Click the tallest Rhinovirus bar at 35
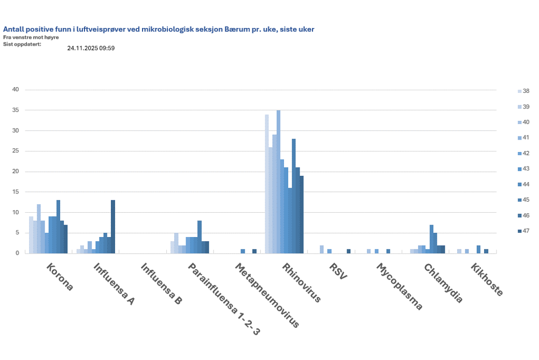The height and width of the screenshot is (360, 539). pyautogui.click(x=278, y=182)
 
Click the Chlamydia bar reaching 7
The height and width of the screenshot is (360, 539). pyautogui.click(x=431, y=239)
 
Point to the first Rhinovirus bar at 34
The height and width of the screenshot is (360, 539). pyautogui.click(x=267, y=184)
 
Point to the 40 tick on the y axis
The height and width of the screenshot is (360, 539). pyautogui.click(x=16, y=90)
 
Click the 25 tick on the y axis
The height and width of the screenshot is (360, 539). pyautogui.click(x=16, y=151)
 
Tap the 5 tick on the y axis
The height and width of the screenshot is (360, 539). pyautogui.click(x=17, y=233)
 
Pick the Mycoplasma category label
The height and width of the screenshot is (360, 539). pyautogui.click(x=399, y=287)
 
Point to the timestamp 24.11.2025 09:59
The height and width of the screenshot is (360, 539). pyautogui.click(x=91, y=48)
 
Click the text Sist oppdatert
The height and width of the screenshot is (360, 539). pyautogui.click(x=22, y=44)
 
